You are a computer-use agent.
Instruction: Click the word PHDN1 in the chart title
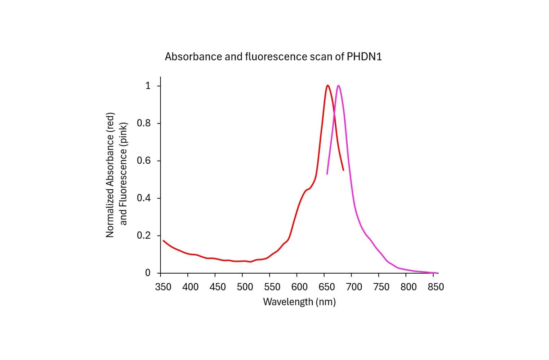point(364,57)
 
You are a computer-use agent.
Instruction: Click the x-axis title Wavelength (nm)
point(299,302)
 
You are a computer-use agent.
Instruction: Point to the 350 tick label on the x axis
point(163,287)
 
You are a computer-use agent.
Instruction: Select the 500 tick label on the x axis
point(245,287)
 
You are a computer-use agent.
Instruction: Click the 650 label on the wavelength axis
point(327,287)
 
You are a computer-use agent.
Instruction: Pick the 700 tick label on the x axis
point(354,287)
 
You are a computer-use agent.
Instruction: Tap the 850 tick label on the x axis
point(436,287)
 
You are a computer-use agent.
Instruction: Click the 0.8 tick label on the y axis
point(143,123)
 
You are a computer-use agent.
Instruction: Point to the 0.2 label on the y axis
point(143,236)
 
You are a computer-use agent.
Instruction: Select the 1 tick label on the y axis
point(147,86)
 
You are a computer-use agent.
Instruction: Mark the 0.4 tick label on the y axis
point(143,198)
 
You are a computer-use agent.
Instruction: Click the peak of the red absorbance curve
point(327,86)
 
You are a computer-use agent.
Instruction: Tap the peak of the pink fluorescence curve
point(338,86)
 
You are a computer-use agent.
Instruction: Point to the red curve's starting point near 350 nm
point(163,240)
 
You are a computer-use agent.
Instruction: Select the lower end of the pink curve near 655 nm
point(327,174)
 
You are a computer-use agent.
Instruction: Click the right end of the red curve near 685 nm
point(343,170)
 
